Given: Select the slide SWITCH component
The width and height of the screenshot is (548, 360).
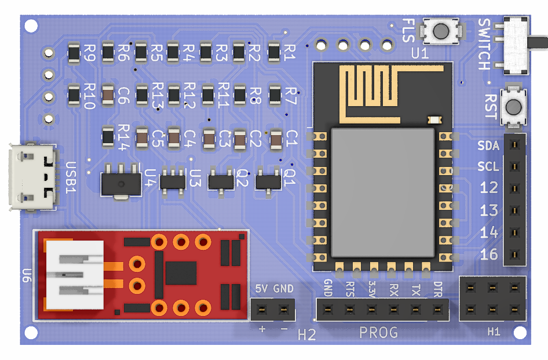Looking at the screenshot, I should [x=516, y=45].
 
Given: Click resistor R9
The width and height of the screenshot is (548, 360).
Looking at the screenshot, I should [x=74, y=53].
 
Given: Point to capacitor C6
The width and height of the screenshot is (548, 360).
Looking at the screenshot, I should [x=108, y=94].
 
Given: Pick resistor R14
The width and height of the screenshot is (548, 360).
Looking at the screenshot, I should [x=108, y=137].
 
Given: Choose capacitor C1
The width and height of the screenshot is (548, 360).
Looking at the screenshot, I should [x=276, y=139].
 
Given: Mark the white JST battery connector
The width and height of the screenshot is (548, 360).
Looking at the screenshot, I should [x=74, y=275].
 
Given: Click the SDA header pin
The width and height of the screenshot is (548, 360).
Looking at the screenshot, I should [x=513, y=145].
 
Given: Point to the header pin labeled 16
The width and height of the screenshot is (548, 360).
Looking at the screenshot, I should [x=513, y=254].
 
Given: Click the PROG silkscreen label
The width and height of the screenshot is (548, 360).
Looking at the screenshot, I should [x=378, y=333].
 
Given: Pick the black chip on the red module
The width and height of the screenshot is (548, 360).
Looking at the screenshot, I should [x=181, y=272].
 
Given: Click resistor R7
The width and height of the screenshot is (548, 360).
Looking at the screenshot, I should [x=276, y=94].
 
